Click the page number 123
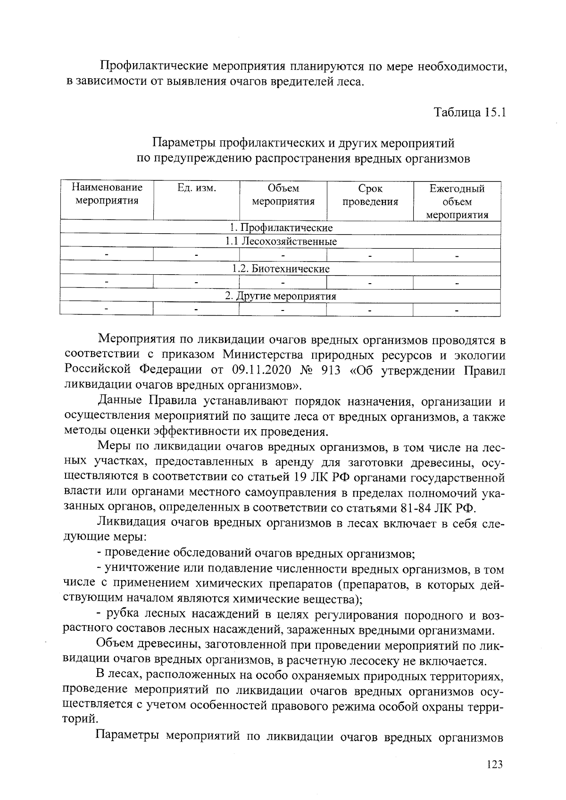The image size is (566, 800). point(494,764)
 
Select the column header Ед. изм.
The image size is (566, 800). point(196,188)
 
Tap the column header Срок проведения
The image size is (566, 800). point(370,196)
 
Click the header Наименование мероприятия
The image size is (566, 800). point(107,195)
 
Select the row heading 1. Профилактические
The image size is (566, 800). point(281,228)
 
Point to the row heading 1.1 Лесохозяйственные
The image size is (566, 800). point(281,242)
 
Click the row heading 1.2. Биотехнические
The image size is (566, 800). point(281,269)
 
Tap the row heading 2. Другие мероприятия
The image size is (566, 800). point(281,296)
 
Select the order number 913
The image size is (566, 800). point(330,370)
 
